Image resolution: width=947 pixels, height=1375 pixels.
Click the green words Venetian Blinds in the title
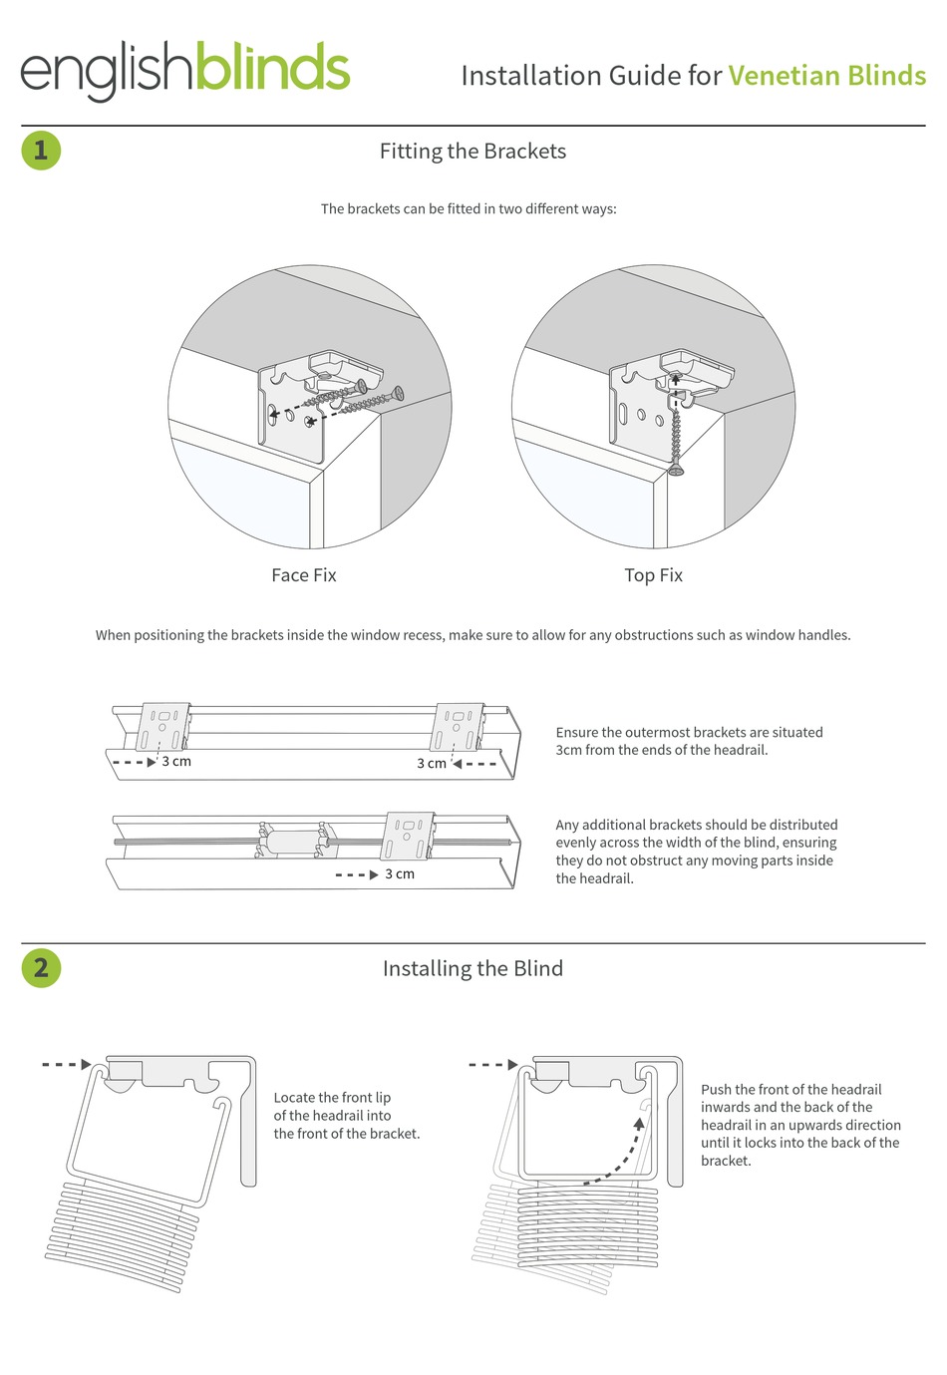click(x=826, y=76)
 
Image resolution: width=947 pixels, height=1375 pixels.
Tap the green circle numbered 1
click(x=41, y=151)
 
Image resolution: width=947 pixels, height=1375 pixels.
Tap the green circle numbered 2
click(x=41, y=967)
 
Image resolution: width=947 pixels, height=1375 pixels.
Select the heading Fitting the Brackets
click(x=473, y=152)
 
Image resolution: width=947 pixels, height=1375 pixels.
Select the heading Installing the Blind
click(x=473, y=968)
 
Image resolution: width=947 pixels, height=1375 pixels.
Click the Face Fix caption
click(x=304, y=575)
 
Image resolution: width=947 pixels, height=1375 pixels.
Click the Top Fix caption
click(x=653, y=575)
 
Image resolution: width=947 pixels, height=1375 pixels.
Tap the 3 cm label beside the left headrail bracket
click(x=176, y=762)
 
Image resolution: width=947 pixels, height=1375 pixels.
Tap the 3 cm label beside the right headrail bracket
click(x=432, y=764)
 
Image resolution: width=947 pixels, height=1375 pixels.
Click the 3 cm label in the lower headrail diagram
click(x=400, y=874)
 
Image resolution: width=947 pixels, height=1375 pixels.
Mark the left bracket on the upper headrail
click(x=163, y=726)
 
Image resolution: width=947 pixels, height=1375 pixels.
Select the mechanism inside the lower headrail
click(x=293, y=841)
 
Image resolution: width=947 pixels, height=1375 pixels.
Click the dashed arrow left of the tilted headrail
click(x=67, y=1064)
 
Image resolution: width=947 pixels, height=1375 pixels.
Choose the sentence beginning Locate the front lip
click(x=346, y=1116)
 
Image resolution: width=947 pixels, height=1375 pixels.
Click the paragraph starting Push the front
click(x=799, y=1125)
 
